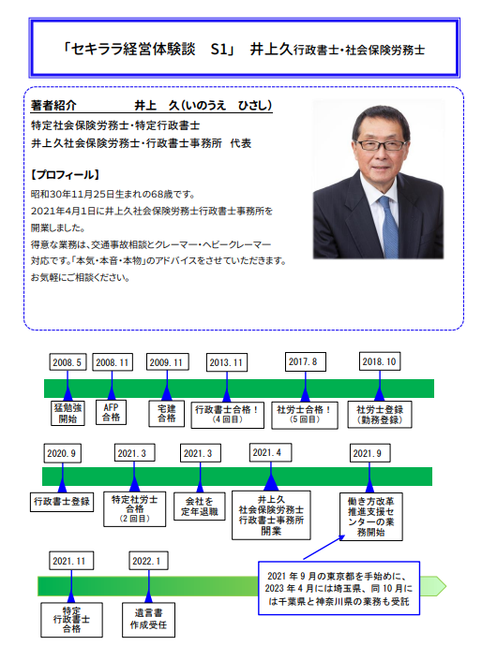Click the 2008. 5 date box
tap(68, 362)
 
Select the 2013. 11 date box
tap(227, 362)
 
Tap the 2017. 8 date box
tap(305, 361)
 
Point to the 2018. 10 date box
tap(379, 361)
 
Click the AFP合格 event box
tap(111, 412)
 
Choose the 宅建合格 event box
tap(166, 413)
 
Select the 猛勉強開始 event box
tap(68, 413)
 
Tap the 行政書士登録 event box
tap(62, 502)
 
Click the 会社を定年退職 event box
tap(200, 507)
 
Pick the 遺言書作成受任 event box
tap(148, 619)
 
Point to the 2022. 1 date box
tap(148, 561)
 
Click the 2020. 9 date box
tap(62, 453)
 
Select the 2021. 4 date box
tap(270, 452)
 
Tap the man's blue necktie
tap(388, 227)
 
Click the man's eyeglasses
tap(381, 144)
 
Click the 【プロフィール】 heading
tap(66, 175)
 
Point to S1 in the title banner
tap(219, 50)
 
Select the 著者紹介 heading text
tap(53, 106)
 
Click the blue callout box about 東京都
tap(339, 588)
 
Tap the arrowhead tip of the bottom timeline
tap(446, 586)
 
